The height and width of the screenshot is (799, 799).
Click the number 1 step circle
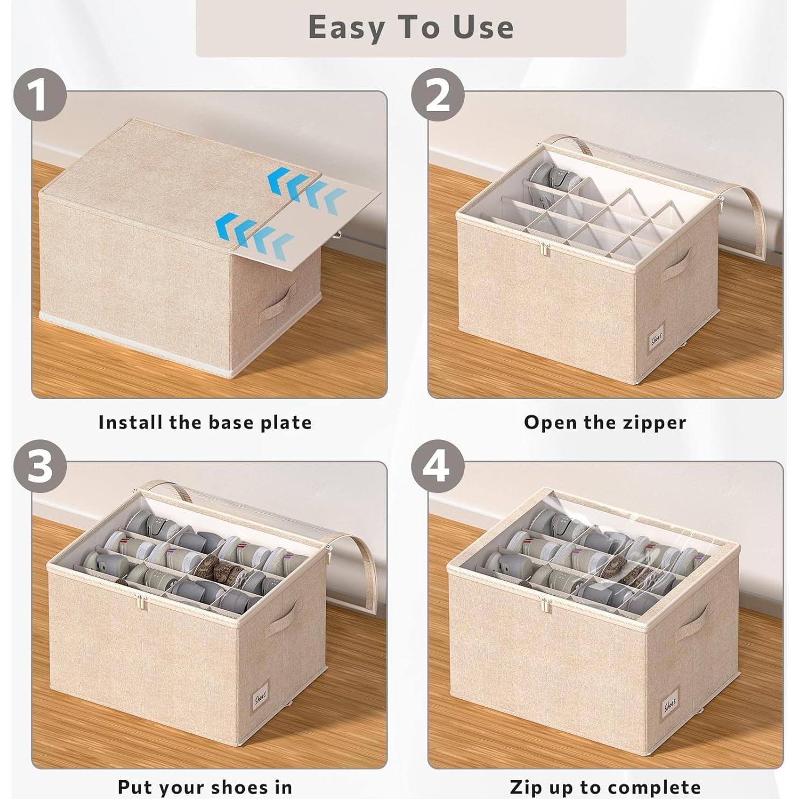click(39, 96)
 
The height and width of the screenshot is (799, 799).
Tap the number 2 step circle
click(437, 95)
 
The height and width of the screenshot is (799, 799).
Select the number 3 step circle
click(39, 466)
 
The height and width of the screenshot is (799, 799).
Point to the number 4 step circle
click(437, 466)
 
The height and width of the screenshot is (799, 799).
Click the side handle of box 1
click(277, 304)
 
